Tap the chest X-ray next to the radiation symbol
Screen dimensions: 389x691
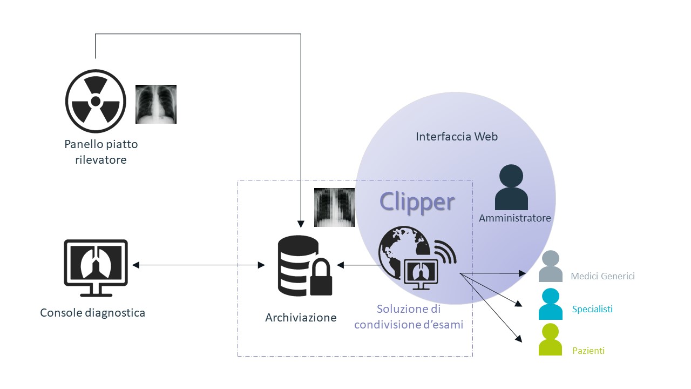coord(155,104)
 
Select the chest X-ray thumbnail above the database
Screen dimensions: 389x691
coord(334,207)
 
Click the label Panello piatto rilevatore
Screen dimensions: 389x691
coord(101,152)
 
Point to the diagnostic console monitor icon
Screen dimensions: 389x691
coord(96,268)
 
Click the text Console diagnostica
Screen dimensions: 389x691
coord(92,313)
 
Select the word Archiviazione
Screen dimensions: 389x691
coord(301,318)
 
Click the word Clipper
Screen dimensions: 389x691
coord(417,202)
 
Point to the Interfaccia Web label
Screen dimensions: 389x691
coord(456,137)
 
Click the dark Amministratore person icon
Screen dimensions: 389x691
coord(511,187)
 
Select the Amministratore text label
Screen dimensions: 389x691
coord(514,218)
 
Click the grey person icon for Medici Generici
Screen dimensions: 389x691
coord(551,266)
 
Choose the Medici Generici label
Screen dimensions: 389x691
coord(602,276)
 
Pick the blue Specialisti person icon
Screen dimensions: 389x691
coord(551,304)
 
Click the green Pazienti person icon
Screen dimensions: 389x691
coord(551,340)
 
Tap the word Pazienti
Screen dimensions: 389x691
coord(588,351)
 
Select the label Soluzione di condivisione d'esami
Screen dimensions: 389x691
coord(409,317)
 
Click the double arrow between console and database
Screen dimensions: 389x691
coord(198,265)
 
